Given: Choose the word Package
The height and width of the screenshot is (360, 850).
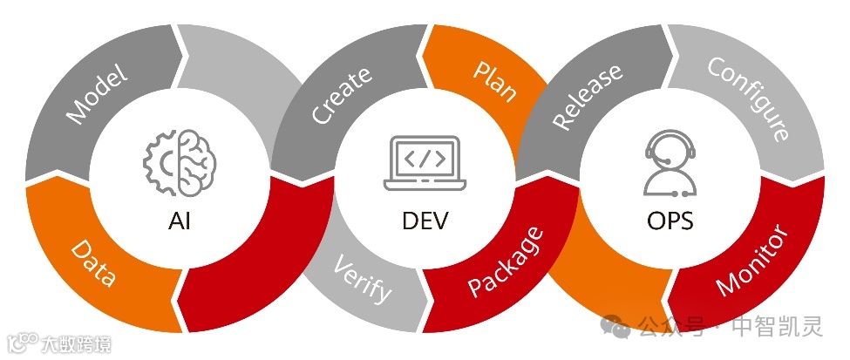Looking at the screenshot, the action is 506,262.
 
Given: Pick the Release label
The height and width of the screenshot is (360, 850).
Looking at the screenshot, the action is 588,96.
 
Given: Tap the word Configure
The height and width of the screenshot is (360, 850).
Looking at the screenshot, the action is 749,98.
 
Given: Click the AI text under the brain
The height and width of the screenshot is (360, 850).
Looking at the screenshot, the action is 179,221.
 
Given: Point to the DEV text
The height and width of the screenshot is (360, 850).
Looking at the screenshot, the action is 425,221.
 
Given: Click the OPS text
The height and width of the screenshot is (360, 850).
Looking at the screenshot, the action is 670,221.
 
